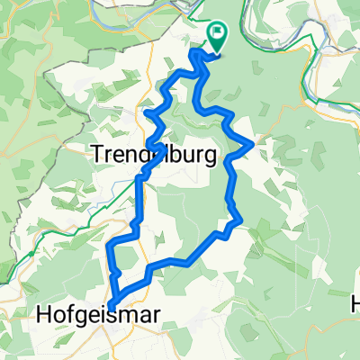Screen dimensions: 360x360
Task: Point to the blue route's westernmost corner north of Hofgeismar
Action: click(x=108, y=246)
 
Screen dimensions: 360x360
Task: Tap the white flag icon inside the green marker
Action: click(x=218, y=34)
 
